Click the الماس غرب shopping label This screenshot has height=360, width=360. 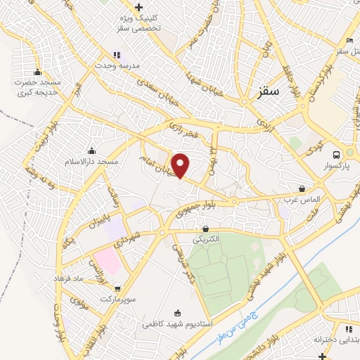[302, 199]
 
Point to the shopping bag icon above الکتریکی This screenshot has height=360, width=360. [205, 229]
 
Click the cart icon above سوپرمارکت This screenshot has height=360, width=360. [117, 288]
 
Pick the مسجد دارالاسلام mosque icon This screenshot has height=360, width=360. [91, 150]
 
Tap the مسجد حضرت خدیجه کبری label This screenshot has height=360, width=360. [37, 87]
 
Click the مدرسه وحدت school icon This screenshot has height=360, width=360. [117, 55]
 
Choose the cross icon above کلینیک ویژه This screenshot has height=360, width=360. [139, 7]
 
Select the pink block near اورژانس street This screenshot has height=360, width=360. [105, 260]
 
